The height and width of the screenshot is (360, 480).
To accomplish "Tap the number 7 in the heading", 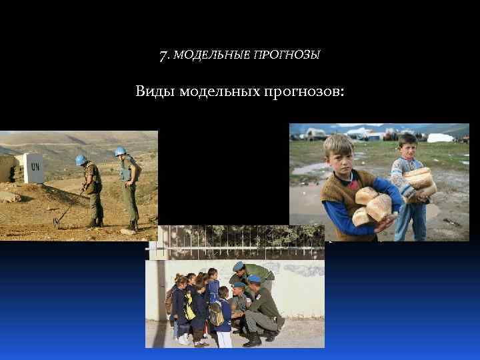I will (163, 54).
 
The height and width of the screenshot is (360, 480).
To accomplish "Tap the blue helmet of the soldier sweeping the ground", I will (81, 160).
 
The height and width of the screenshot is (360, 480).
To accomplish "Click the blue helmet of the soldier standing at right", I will (121, 151).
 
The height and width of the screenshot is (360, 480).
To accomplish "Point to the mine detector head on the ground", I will (57, 223).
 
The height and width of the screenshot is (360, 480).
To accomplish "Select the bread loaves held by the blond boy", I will (372, 206).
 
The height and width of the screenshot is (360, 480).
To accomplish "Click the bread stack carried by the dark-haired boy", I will (420, 183).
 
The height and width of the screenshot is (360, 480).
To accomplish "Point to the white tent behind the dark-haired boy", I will (440, 138).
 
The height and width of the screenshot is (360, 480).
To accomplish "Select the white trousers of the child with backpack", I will (225, 339).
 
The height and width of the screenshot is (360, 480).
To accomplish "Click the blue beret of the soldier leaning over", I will (238, 266).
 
